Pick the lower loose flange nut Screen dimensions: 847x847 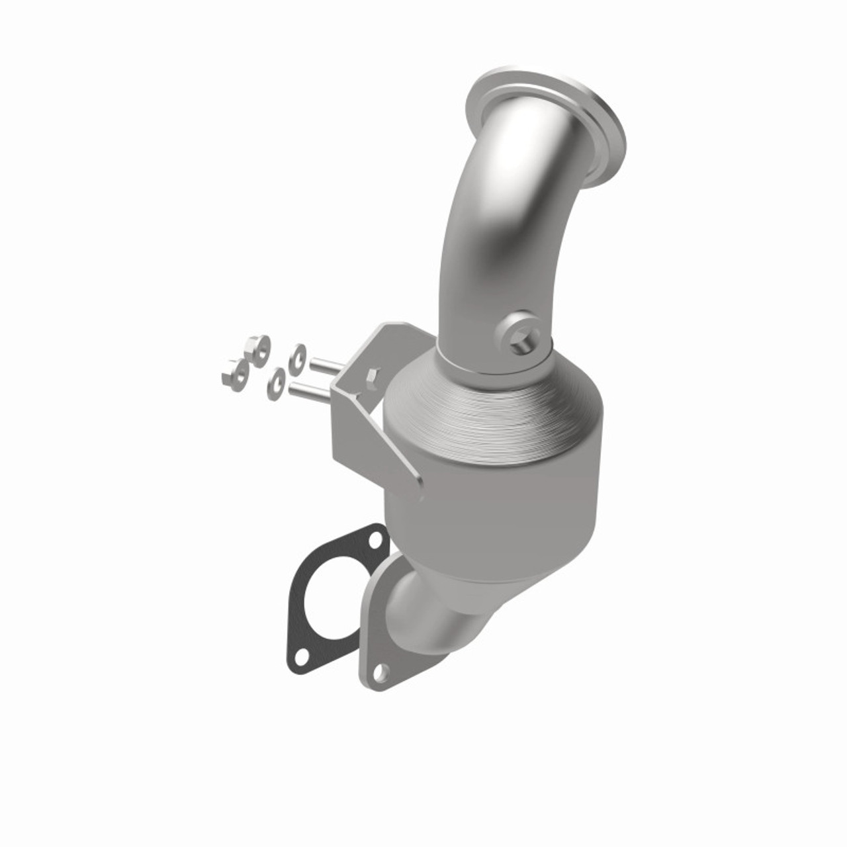(x=234, y=373)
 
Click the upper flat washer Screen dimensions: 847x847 (x=296, y=355)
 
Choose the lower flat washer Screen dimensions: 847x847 (x=276, y=384)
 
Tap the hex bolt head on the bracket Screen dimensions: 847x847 (x=371, y=379)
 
